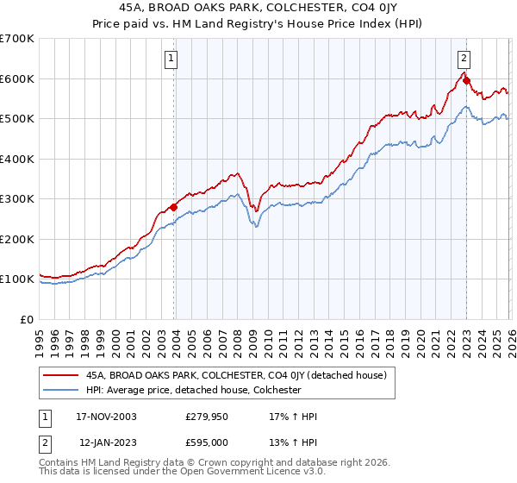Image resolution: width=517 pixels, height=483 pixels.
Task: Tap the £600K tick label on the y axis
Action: (16, 78)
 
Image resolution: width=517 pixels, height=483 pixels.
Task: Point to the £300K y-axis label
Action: (16, 199)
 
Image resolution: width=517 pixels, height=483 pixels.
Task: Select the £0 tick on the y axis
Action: (27, 319)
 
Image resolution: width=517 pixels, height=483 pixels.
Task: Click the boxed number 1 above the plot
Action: (171, 59)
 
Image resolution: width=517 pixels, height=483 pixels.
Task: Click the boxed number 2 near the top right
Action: (464, 59)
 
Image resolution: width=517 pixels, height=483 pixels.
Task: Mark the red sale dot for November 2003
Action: (174, 207)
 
